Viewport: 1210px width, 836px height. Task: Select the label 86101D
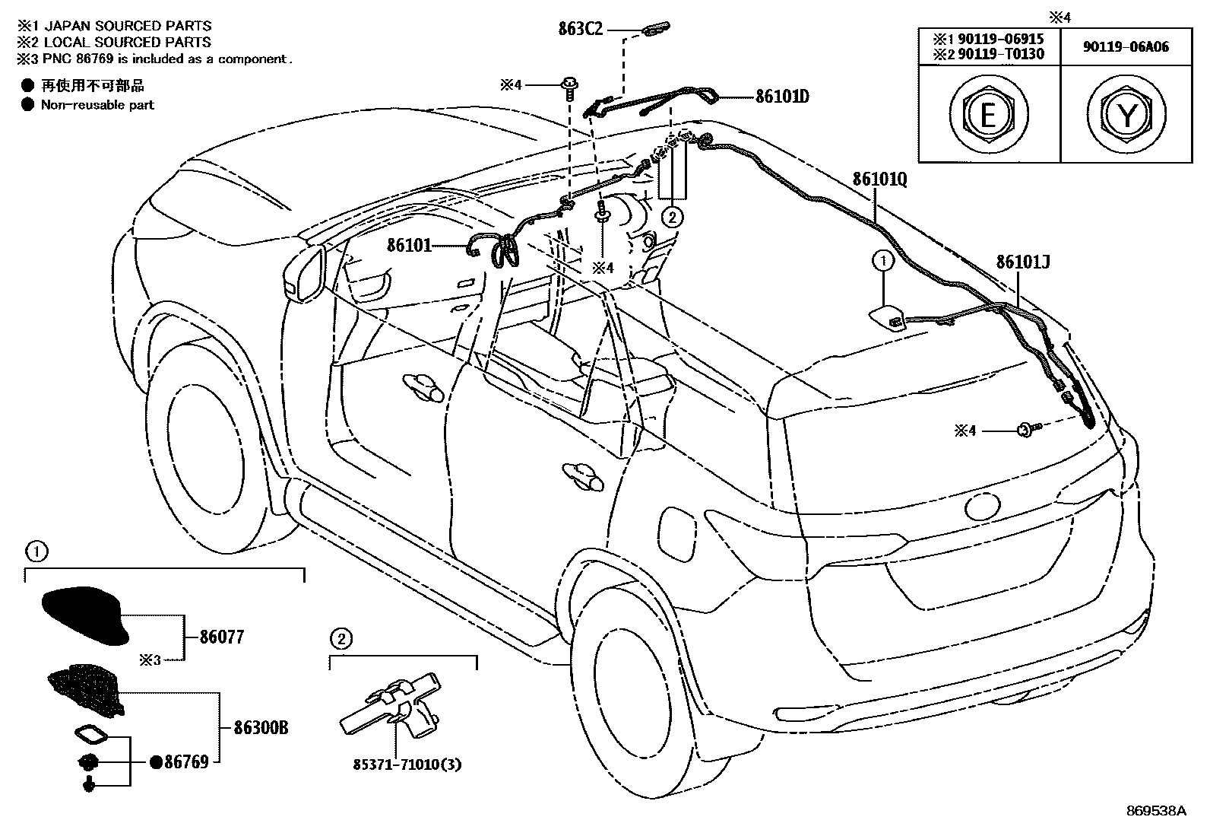[x=782, y=97]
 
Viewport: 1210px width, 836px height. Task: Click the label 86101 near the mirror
[x=409, y=245]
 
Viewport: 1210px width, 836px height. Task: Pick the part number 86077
[x=222, y=637]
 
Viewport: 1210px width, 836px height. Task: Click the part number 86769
[x=187, y=761]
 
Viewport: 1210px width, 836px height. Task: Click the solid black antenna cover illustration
[x=84, y=615]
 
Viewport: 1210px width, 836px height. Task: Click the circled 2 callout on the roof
[x=672, y=218]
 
